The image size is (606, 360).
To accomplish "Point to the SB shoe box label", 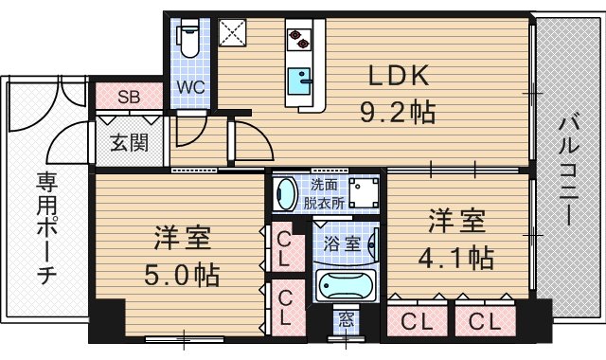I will point(129,97).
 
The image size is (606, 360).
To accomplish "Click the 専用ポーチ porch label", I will point(45,227).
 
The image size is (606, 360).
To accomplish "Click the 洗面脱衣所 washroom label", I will point(321,192).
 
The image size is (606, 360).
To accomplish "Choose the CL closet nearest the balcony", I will point(485,319).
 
